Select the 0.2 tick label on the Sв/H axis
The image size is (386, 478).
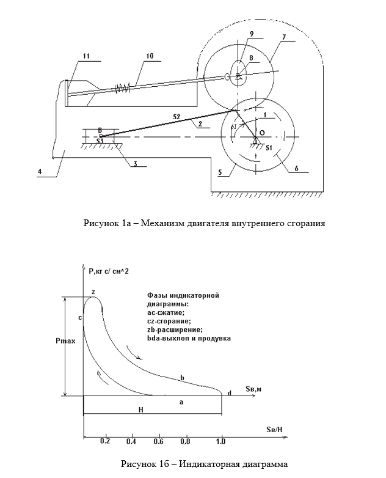coord(105,440)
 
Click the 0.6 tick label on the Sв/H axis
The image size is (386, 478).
coord(158,440)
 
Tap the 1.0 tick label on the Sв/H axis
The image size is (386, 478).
coord(221,440)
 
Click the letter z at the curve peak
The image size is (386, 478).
coord(93,293)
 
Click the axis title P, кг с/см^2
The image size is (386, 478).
coord(113,271)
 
